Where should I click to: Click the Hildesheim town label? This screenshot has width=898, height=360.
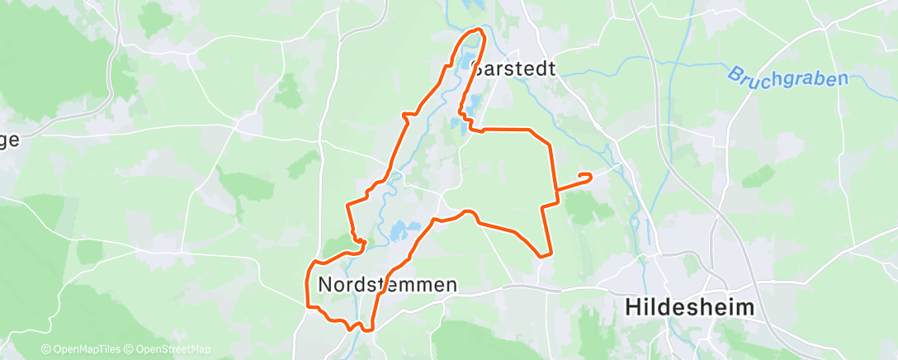690,308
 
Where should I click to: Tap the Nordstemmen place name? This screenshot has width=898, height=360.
387,285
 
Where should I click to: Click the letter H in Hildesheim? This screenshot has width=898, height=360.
632,308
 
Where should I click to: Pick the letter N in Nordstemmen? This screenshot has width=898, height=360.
324,285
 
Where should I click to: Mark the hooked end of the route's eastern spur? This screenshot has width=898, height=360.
588,175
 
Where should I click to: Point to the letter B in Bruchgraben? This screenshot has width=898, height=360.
733,74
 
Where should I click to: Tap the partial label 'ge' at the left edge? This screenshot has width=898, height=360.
10,140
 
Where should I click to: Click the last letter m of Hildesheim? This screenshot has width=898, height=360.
744,308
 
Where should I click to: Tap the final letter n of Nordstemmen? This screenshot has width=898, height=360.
451,285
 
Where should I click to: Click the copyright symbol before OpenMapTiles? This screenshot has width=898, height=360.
45,350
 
